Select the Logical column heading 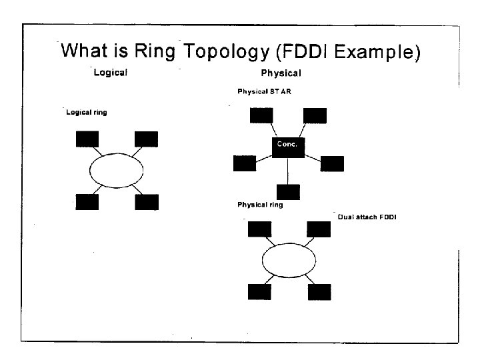pyautogui.click(x=111, y=72)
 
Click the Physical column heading pyautogui.click(x=281, y=73)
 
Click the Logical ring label pyautogui.click(x=87, y=113)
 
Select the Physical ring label pyautogui.click(x=260, y=205)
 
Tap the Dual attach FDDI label pyautogui.click(x=367, y=217)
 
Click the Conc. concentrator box pyautogui.click(x=288, y=146)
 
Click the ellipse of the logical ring pyautogui.click(x=117, y=171)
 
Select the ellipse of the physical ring pyautogui.click(x=289, y=261)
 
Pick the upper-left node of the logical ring pyautogui.click(x=87, y=139)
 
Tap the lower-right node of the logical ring pyautogui.click(x=147, y=201)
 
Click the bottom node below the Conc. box pyautogui.click(x=288, y=192)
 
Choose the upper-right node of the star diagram pyautogui.click(x=315, y=115)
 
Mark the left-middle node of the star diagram pyautogui.click(x=244, y=163)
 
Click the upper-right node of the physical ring pyautogui.click(x=318, y=229)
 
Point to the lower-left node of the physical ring pyautogui.click(x=259, y=291)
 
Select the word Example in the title pyautogui.click(x=382, y=52)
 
